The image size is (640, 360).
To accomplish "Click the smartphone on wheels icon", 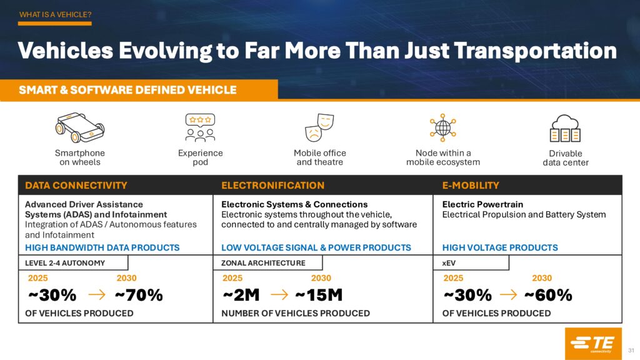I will pos(79,128).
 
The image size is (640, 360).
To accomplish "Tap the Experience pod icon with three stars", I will pos(200,127).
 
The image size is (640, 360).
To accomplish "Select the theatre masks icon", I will pos(319,127).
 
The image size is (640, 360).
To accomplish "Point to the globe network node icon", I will pos(442,127).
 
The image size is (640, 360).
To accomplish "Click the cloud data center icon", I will pos(565,128).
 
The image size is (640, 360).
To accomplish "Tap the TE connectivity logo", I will pos(592,343).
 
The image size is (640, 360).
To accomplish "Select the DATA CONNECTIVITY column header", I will pos(76,185).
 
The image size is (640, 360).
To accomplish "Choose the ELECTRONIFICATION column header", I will pos(272,185).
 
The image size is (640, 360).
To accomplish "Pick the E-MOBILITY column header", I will pos(471,185).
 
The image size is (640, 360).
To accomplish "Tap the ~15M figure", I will pos(319,295).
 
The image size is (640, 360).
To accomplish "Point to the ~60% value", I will pos(548,295).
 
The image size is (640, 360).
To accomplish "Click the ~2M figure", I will pos(241,295).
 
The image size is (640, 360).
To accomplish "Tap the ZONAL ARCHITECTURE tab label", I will pos(264,263).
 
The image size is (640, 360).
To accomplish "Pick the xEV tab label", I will pos(449,263).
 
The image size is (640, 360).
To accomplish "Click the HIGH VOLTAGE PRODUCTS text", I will pos(500,247).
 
